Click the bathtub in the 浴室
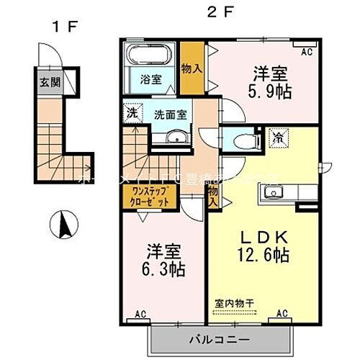(148, 55)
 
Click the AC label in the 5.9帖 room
(307, 51)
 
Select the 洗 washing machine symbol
(132, 113)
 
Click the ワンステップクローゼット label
(150, 197)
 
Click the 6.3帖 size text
(165, 270)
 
